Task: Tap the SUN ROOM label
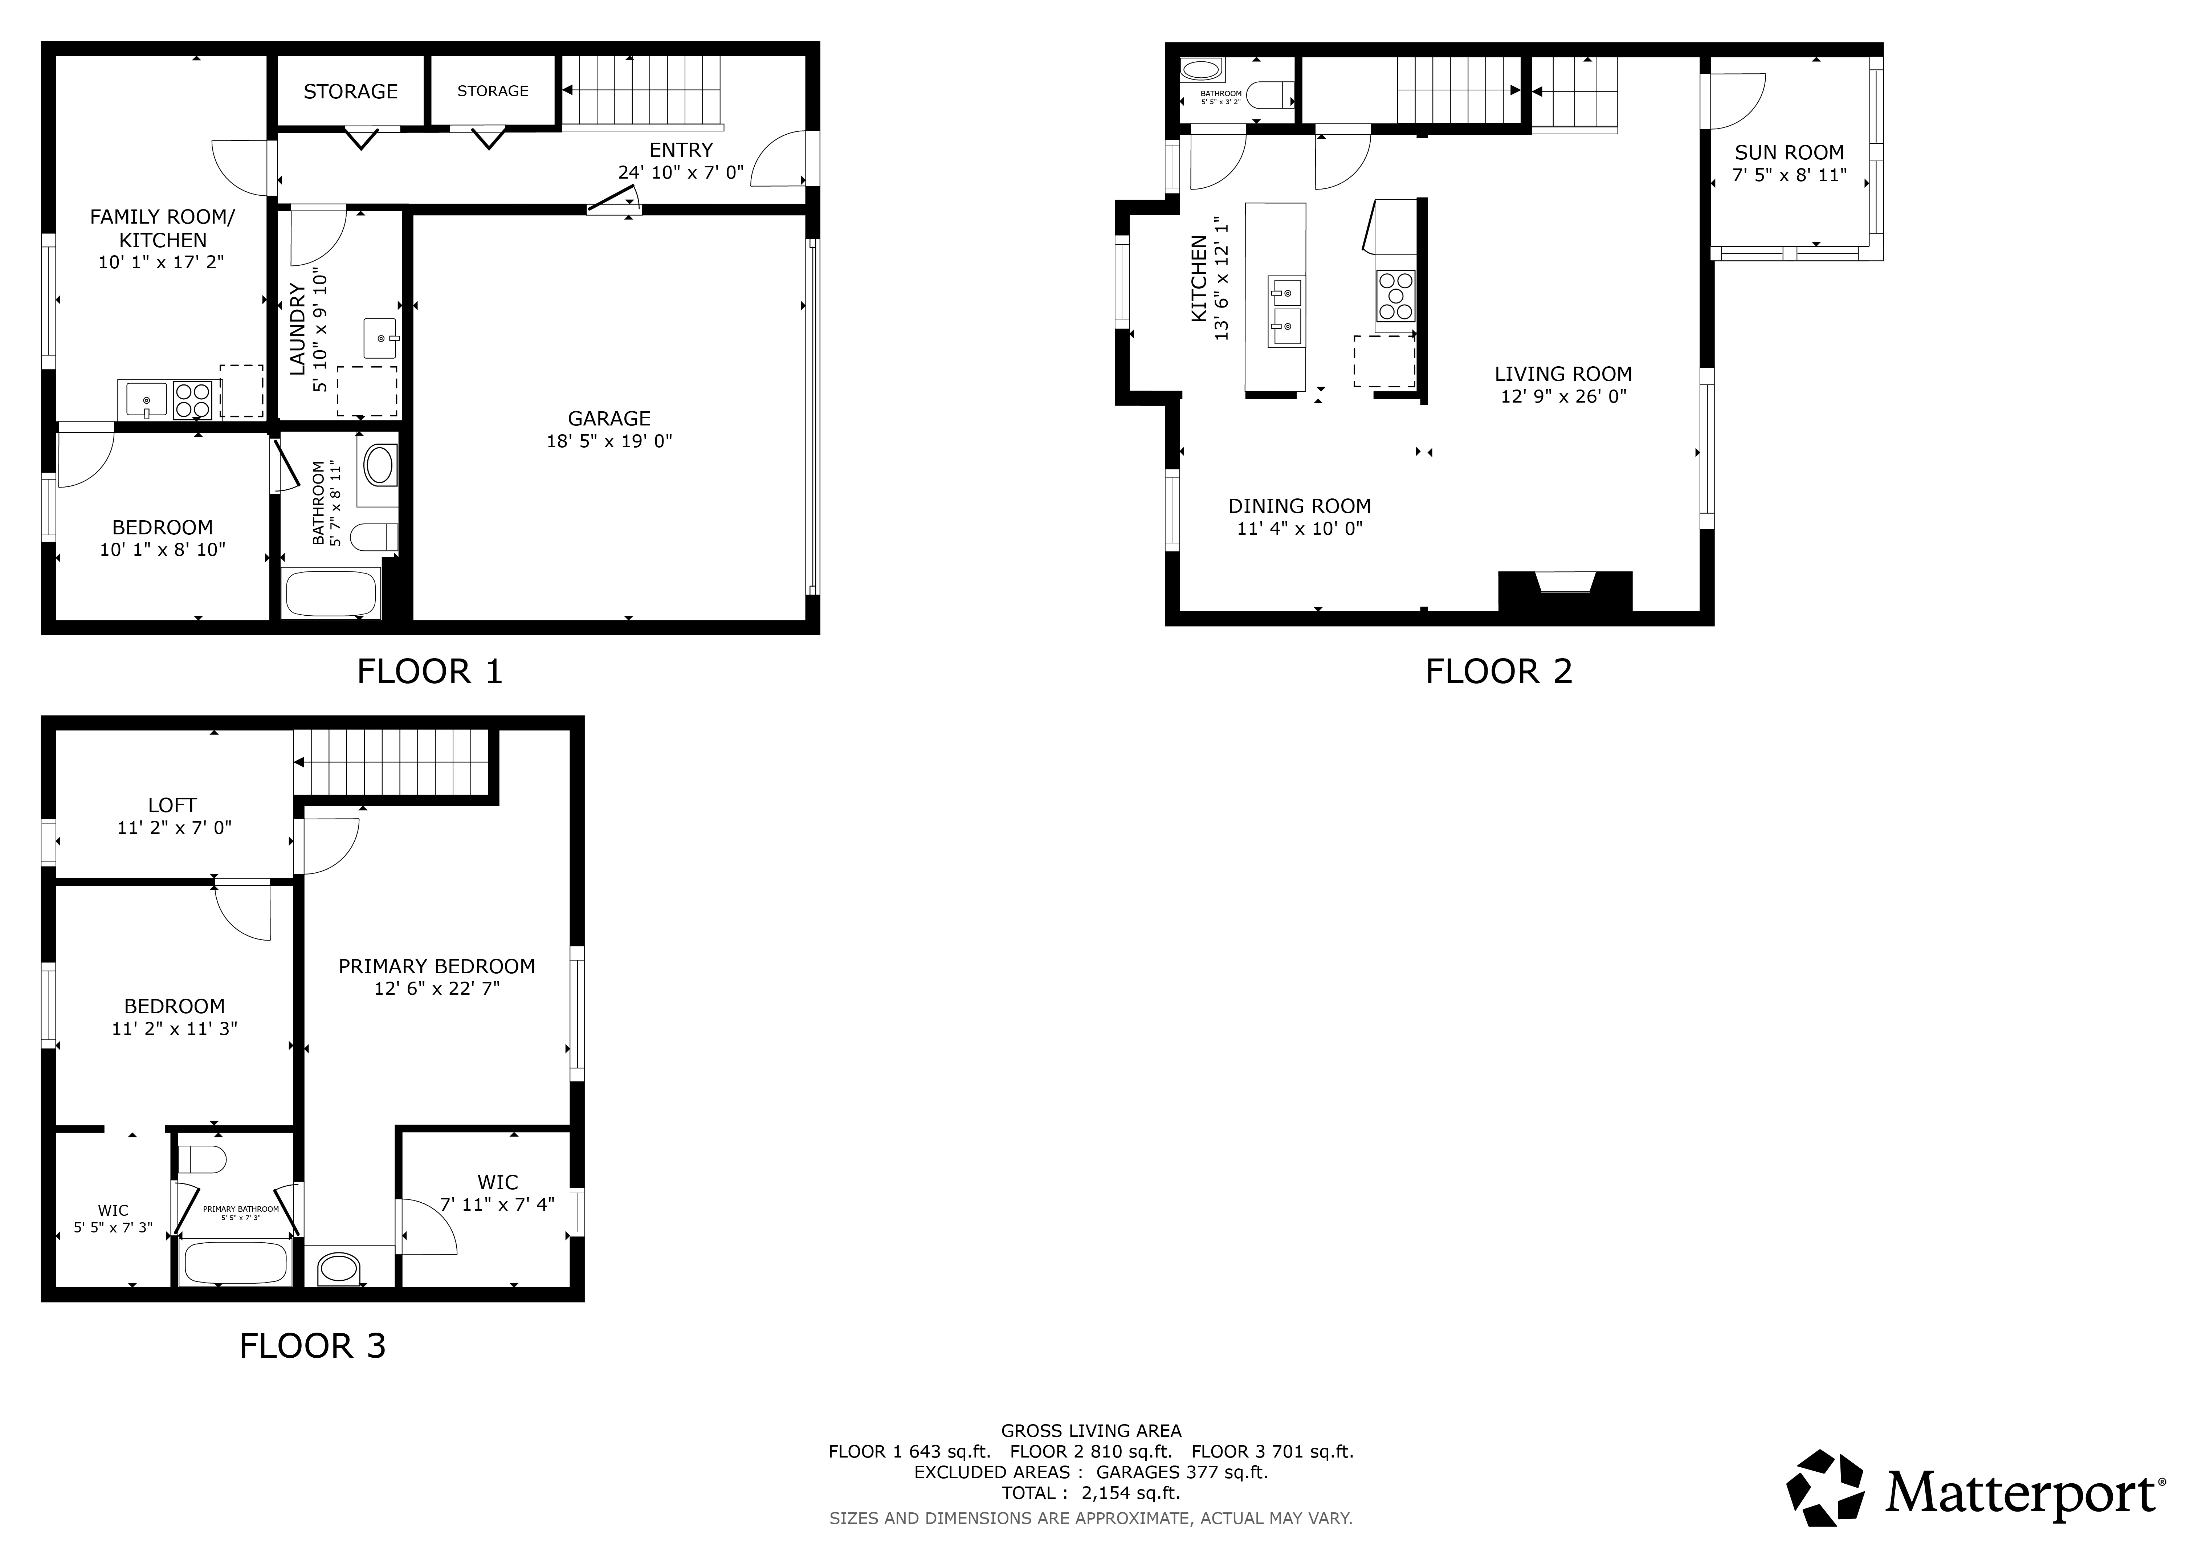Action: (x=1789, y=152)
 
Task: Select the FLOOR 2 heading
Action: (x=1498, y=672)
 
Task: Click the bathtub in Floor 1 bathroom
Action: (x=331, y=593)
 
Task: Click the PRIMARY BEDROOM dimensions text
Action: (x=437, y=989)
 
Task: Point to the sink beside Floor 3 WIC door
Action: (x=339, y=1269)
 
